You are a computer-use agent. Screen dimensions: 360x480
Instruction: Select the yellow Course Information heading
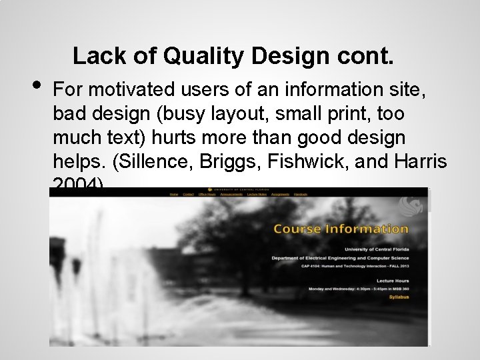341,229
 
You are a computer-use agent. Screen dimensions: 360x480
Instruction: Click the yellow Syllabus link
399,298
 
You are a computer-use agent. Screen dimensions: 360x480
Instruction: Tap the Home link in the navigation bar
174,194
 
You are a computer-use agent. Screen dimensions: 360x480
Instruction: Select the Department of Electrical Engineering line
340,257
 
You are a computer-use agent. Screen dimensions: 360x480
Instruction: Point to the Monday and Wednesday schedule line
358,289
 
